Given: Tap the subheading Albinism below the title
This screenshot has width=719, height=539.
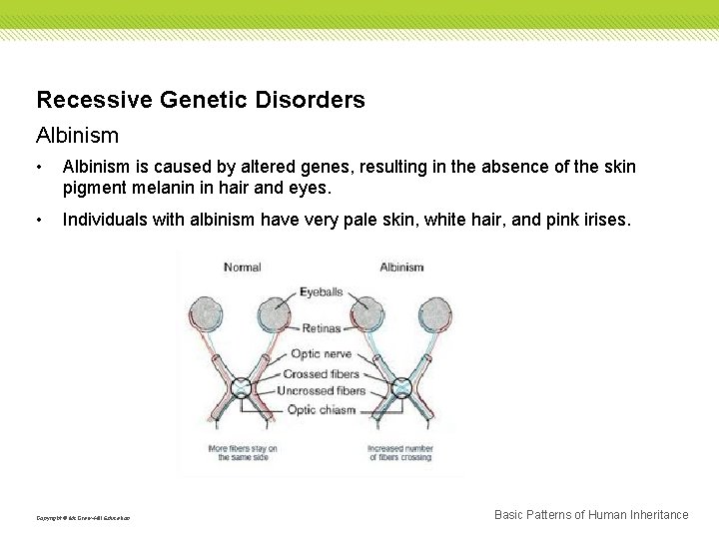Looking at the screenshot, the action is tap(77, 135).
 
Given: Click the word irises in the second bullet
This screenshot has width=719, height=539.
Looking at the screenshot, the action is tap(603, 220).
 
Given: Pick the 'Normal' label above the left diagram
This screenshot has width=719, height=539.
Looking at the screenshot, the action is tap(243, 267).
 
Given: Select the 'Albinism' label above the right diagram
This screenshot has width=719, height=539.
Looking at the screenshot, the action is tap(401, 267).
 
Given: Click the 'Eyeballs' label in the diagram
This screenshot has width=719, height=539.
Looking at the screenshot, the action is tap(321, 292).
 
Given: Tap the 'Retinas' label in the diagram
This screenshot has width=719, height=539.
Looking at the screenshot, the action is tap(321, 328).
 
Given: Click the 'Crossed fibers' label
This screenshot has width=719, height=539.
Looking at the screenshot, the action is tap(321, 373).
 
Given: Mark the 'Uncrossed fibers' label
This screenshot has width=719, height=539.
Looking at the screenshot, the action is tap(321, 390).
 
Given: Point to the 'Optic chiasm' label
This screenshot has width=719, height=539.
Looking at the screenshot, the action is tap(321, 409).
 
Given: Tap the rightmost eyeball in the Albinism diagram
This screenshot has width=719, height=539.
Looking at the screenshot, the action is tap(435, 314).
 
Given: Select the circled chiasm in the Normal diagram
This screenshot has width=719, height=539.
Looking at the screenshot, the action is tap(242, 387).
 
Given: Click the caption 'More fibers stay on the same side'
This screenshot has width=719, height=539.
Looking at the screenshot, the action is tap(243, 453).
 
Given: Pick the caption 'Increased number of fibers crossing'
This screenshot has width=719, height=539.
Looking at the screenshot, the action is tap(399, 453).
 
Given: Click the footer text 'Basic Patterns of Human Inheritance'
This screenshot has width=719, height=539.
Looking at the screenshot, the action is tap(591, 515).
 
